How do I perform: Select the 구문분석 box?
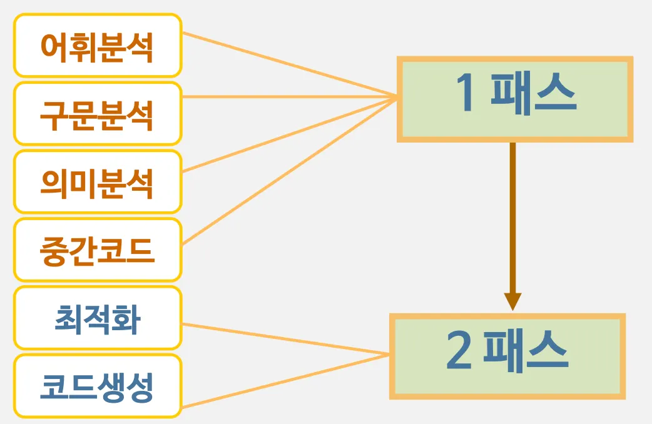click(x=97, y=114)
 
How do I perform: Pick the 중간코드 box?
click(x=97, y=250)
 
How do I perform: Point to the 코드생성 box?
click(x=97, y=386)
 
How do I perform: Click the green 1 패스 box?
click(x=514, y=99)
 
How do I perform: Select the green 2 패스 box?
click(x=507, y=356)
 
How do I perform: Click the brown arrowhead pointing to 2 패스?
click(x=512, y=301)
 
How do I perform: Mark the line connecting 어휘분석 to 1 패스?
click(x=288, y=65)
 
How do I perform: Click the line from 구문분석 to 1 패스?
click(x=288, y=97)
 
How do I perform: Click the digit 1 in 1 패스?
click(x=464, y=94)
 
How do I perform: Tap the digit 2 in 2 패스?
click(x=459, y=352)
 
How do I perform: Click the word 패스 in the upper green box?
click(x=533, y=94)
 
